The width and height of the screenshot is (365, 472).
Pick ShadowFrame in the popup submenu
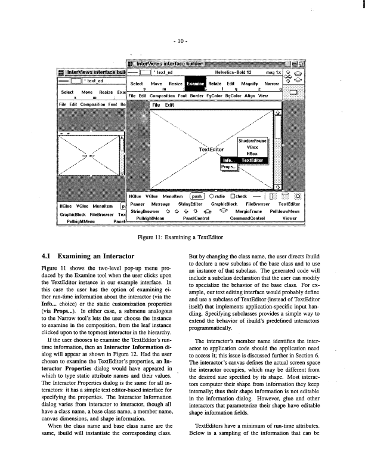click(253, 140)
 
